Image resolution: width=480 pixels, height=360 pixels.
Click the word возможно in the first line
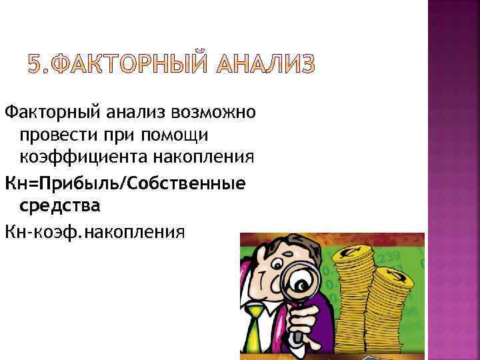[x=214, y=111]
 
